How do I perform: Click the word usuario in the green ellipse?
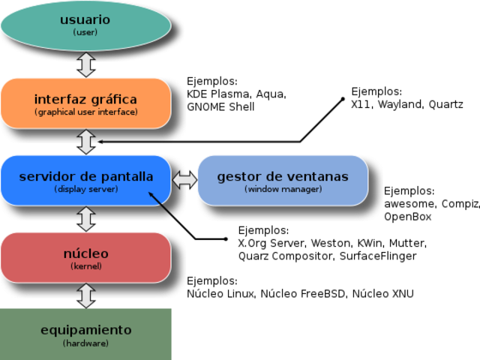coord(85,19)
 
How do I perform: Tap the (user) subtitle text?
coord(85,33)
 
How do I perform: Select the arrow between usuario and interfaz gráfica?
coord(86,64)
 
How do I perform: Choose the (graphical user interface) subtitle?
coord(86,112)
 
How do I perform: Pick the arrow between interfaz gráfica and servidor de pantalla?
coord(86,141)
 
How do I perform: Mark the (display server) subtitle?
coord(86,190)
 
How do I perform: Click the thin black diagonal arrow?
coord(163,205)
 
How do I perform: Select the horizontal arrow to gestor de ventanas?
coord(184,180)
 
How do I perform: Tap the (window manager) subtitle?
coord(283,190)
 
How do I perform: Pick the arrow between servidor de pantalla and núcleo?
coord(86,218)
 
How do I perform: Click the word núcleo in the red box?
coord(86,253)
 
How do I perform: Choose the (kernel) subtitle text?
coord(86,266)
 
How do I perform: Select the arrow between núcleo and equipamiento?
coord(86,295)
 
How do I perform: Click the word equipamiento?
coord(86,330)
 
